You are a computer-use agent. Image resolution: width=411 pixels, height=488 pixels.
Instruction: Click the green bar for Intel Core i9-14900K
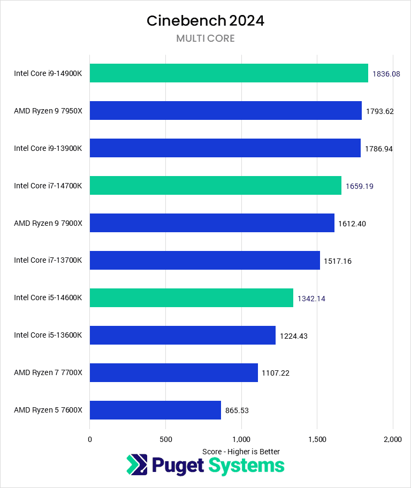coord(229,73)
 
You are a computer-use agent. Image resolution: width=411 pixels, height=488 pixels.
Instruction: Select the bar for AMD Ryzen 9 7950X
coord(225,111)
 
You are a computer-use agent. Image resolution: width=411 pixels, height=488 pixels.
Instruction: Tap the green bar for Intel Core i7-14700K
coord(215,186)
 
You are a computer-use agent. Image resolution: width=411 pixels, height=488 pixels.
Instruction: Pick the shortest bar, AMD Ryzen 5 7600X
coord(155,410)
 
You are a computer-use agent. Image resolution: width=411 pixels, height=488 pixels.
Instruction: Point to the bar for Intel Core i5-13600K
coord(182,335)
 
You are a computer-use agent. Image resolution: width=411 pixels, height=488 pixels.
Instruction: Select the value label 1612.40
coord(352,224)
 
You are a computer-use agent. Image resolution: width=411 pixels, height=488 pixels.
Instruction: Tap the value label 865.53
coord(237,411)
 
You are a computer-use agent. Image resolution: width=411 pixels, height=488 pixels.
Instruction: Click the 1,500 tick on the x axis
coord(317,439)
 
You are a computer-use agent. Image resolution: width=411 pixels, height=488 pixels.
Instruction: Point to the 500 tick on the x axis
coord(165,439)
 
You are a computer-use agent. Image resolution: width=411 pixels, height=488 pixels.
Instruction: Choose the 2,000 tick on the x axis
coord(393,439)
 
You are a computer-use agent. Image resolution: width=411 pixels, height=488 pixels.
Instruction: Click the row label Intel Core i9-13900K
coord(48,148)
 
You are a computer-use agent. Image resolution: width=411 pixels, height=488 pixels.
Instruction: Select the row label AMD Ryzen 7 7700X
coord(48,373)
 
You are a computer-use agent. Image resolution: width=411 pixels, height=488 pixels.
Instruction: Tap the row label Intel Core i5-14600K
coord(48,298)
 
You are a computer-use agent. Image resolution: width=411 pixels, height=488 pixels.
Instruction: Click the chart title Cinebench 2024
coord(205,21)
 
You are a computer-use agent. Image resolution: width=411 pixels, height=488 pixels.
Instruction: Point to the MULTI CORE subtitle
coord(205,39)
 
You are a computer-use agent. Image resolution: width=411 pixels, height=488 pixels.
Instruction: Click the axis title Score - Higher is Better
coord(241,452)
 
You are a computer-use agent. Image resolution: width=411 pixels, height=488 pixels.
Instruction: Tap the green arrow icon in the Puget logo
coord(136,464)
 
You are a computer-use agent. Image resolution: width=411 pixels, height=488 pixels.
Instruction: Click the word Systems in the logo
coord(247,466)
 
